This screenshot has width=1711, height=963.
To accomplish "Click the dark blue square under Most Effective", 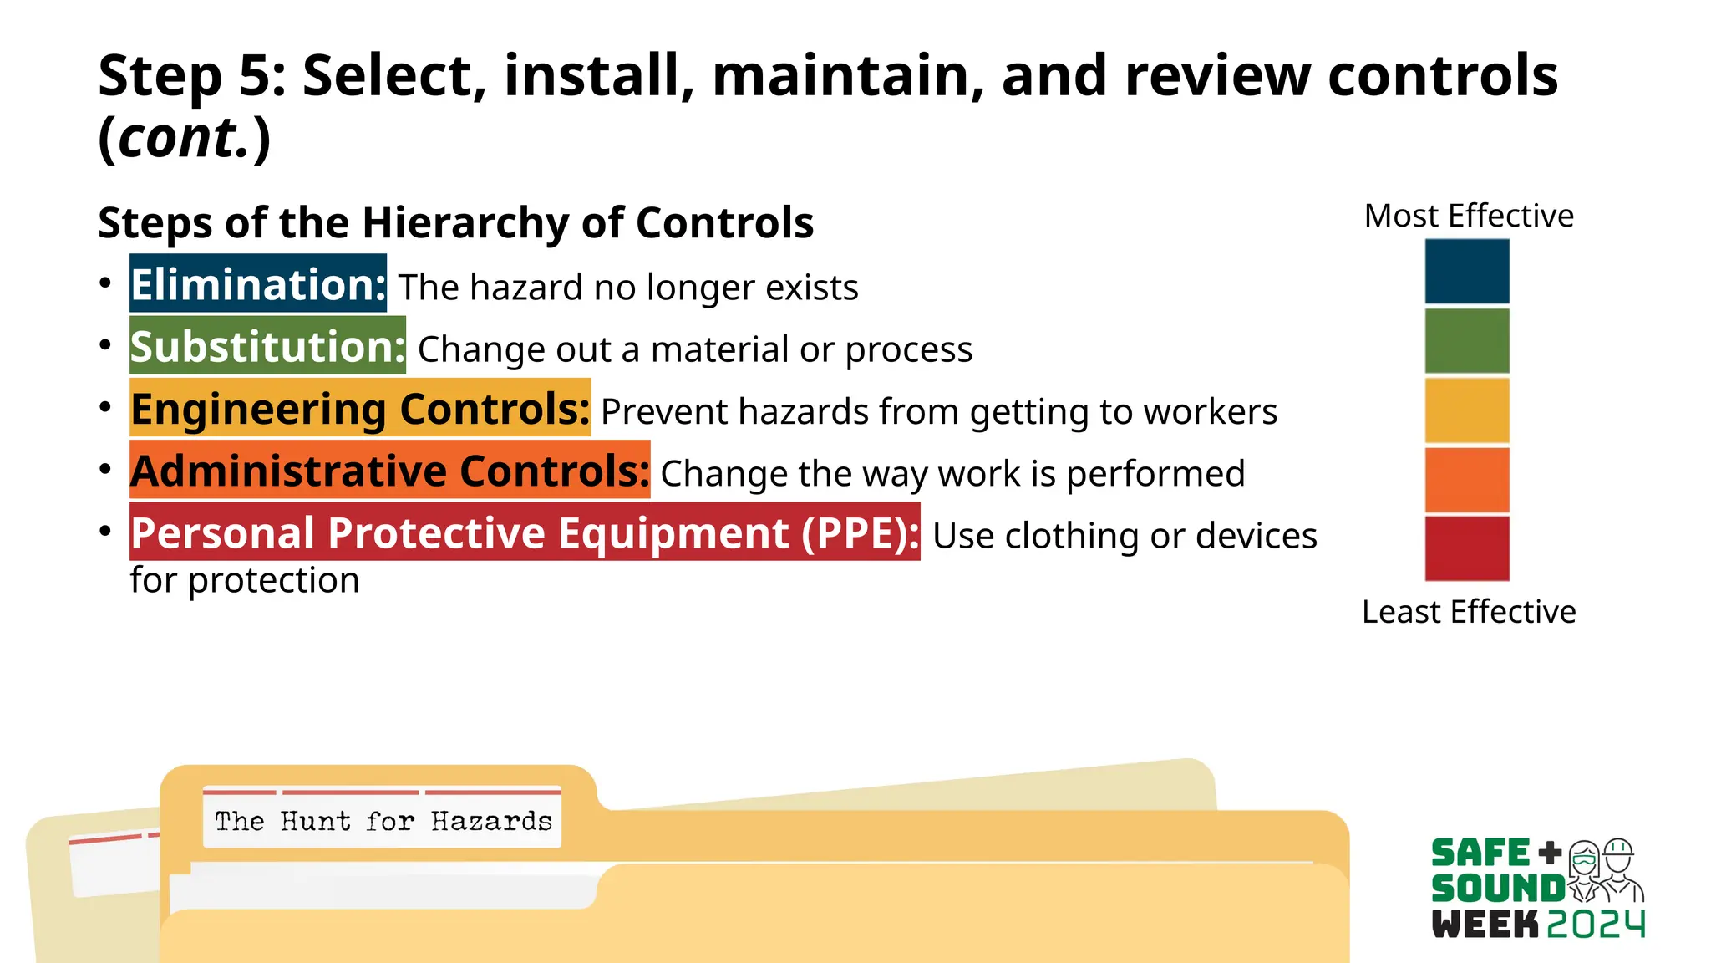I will point(1466,272).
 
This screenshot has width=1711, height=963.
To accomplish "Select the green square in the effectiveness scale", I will point(1466,341).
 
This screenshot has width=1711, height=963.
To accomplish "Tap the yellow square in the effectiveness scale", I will point(1466,410).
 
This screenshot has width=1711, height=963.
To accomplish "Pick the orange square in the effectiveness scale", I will point(1466,480).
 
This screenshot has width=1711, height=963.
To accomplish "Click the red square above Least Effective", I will point(1466,549).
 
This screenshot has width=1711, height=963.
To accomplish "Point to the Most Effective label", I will point(1468,217).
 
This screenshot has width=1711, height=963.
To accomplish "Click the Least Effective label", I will point(1468,612).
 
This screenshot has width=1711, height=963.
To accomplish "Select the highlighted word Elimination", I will point(257,284).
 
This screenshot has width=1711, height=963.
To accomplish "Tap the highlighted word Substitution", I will point(267,346).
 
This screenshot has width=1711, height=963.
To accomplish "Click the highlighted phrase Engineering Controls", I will point(360,409).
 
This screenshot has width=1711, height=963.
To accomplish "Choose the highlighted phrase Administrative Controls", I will point(389,471).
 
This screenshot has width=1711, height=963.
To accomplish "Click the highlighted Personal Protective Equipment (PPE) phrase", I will point(525,532).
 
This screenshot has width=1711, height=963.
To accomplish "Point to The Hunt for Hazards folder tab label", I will point(383,821).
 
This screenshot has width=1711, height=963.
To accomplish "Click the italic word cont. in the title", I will point(184,138).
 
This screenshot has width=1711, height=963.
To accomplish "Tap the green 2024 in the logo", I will point(1596,924).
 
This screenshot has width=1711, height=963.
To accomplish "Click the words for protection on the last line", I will point(245,580).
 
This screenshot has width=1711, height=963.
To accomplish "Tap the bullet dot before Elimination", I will point(105,283).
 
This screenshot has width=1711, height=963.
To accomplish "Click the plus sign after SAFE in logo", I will point(1550,853).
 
